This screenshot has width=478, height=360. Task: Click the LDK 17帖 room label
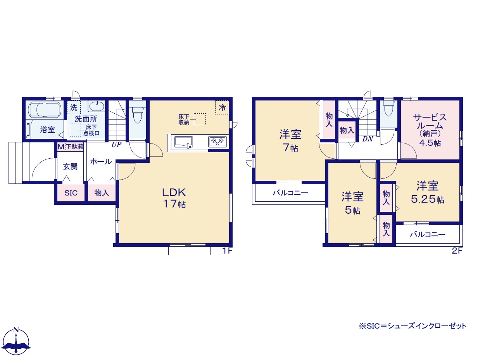click(x=174, y=198)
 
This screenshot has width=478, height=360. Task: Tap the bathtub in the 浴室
click(x=45, y=110)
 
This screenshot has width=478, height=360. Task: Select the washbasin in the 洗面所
click(x=96, y=106)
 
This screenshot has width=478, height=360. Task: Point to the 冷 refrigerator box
click(x=222, y=107)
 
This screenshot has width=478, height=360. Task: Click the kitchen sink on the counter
click(x=183, y=142)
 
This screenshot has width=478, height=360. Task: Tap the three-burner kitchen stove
click(x=217, y=142)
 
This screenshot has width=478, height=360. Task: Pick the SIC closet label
click(x=71, y=193)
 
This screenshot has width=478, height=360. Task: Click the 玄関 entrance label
click(x=70, y=166)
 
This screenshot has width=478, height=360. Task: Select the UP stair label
click(x=117, y=144)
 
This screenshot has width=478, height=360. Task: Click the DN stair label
click(x=368, y=139)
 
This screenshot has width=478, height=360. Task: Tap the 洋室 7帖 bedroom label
click(x=290, y=140)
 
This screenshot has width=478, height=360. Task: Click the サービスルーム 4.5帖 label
click(x=430, y=130)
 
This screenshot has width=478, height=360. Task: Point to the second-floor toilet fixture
click(x=388, y=108)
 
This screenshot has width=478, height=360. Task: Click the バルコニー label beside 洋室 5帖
click(x=428, y=234)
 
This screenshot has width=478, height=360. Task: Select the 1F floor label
click(x=227, y=251)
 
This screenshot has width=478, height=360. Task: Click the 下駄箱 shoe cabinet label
click(x=75, y=146)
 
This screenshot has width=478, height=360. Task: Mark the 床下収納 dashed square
click(x=200, y=119)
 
